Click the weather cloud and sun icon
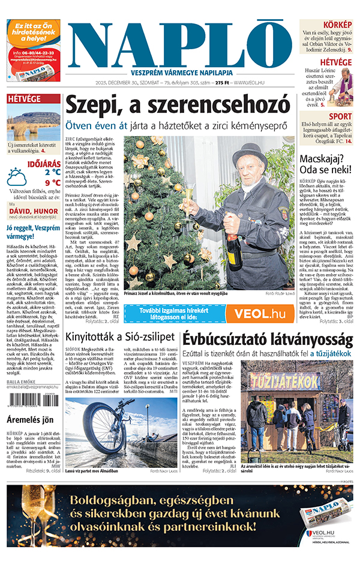16,178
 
